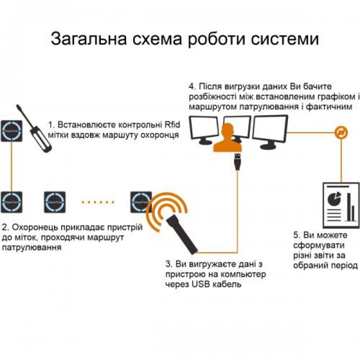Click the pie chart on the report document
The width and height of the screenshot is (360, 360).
click(x=333, y=198)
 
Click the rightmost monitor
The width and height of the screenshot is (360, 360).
click(x=270, y=130)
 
